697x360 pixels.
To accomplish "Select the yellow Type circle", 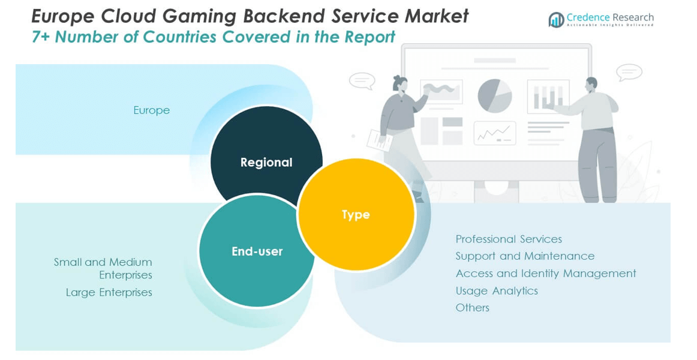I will click(356, 214).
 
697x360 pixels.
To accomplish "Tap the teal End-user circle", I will click(257, 251).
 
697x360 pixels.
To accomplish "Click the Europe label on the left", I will click(152, 110).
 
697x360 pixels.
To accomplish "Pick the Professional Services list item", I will click(509, 239).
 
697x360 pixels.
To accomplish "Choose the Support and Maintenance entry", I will click(525, 256).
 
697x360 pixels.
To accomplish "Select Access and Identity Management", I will click(546, 274).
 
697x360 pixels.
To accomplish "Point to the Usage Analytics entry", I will click(497, 291).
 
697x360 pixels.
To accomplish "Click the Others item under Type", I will click(473, 308).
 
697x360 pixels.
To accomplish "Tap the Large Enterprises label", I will click(109, 293).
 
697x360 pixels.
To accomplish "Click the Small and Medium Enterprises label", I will click(104, 268).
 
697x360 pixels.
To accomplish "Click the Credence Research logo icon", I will click(555, 20).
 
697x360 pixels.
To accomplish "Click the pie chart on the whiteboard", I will click(495, 95).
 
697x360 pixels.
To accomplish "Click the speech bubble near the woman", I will click(362, 80).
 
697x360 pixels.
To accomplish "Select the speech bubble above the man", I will click(629, 73).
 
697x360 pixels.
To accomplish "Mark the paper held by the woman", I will click(380, 140).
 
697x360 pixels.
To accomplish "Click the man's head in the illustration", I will click(591, 83).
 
